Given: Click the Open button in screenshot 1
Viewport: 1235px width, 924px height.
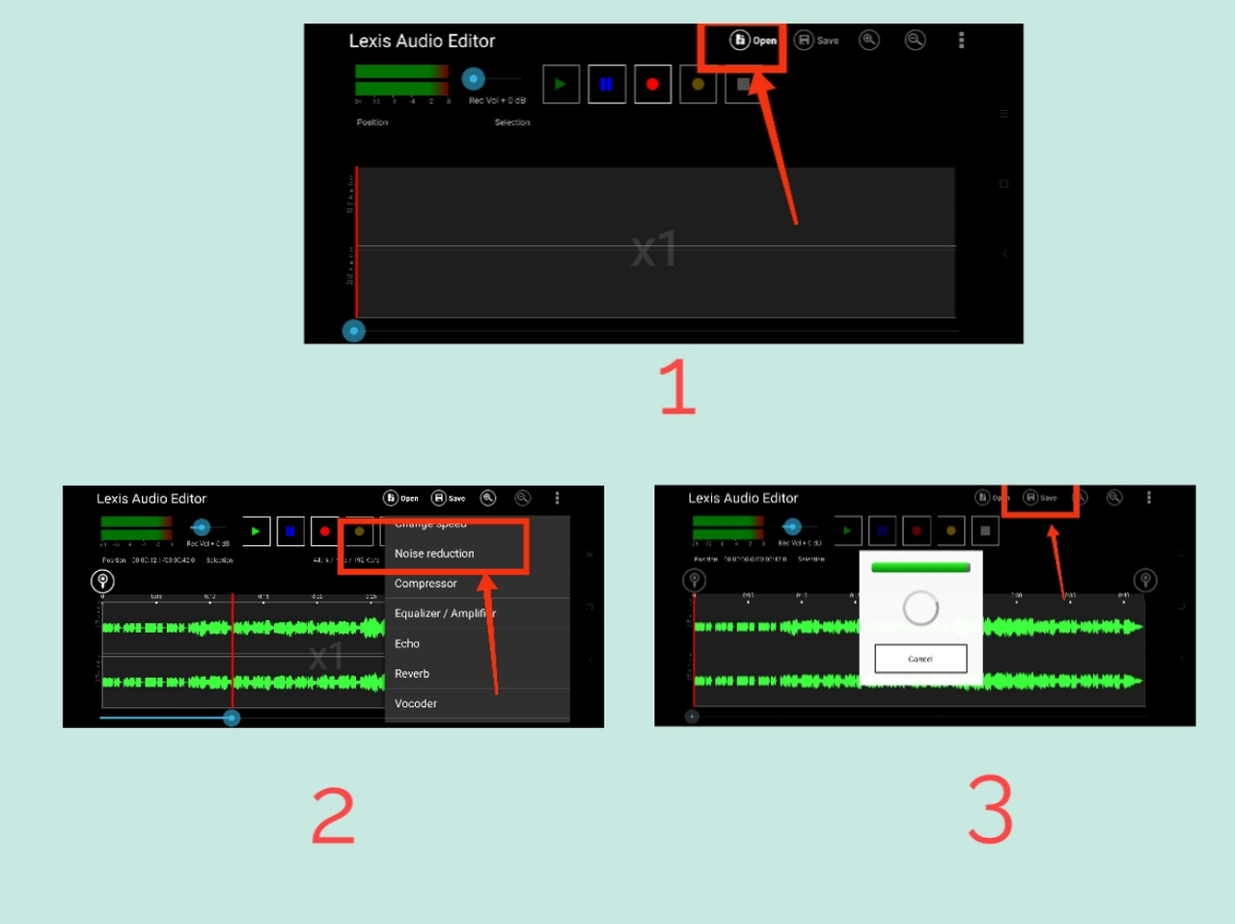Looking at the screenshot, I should click(754, 41).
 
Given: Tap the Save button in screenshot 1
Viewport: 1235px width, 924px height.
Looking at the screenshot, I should click(816, 41).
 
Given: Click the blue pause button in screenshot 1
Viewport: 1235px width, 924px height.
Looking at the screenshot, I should click(607, 84).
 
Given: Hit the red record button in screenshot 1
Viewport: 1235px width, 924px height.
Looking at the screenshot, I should click(652, 84).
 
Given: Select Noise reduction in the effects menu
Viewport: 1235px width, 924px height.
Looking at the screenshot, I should click(434, 554).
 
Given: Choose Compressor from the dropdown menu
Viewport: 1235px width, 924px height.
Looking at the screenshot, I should click(425, 584).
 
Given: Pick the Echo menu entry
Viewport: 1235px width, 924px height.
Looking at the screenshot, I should click(407, 643).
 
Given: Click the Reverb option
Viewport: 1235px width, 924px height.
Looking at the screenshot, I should click(412, 673).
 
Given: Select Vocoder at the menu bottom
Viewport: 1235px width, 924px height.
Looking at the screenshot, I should click(416, 703).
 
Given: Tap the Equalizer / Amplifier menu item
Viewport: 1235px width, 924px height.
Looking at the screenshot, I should click(445, 613).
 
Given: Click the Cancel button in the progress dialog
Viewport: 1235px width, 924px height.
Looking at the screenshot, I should click(920, 659).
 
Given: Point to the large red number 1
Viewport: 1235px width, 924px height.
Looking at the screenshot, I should click(677, 387).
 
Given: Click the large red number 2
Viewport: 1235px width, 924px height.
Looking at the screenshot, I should click(333, 815).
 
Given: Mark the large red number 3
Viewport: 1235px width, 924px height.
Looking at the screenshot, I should click(991, 810).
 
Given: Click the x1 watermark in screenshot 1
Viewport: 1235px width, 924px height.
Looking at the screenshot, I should click(654, 250).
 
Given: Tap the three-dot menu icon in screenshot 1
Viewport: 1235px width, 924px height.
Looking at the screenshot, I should click(961, 41).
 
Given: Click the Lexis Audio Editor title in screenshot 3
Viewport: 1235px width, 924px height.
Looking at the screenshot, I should click(743, 498).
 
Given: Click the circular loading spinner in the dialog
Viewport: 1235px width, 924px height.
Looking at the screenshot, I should click(920, 608).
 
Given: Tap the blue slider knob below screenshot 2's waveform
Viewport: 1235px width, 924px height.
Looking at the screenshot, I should click(232, 718).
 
